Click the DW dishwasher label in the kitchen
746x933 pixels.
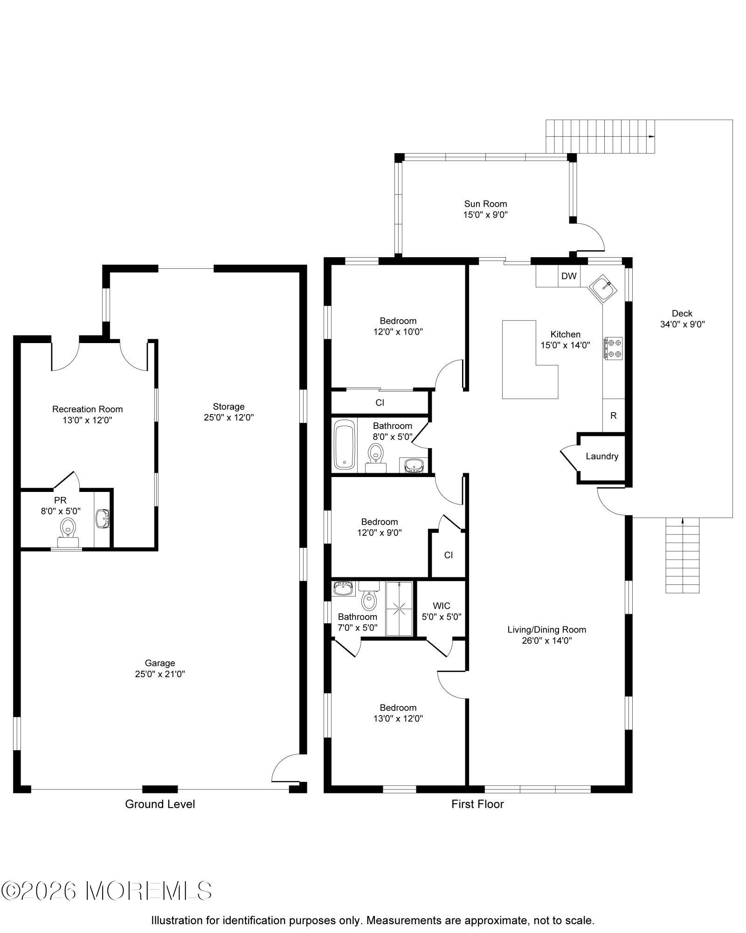point(568,276)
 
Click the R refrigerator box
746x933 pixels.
point(614,415)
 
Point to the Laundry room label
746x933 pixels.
point(602,456)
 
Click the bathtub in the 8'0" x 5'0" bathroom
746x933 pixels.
point(345,445)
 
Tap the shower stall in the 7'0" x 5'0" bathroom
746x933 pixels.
point(400,608)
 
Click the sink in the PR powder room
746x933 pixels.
point(102,519)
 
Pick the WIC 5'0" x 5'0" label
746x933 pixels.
point(441,611)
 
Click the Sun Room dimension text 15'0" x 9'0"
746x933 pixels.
point(485,215)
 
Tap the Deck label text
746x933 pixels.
point(682,314)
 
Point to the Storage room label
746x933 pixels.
point(228,407)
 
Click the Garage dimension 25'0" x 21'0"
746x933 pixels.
point(160,674)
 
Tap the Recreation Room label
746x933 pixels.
point(88,409)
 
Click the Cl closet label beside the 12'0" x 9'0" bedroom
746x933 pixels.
point(448,555)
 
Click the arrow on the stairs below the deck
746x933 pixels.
point(683,521)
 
